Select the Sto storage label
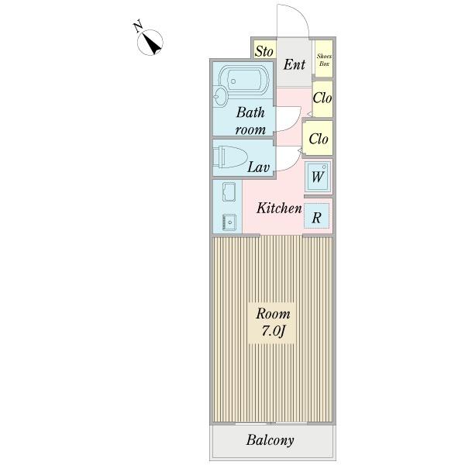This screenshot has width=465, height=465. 264,52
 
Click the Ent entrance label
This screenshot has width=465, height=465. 294,64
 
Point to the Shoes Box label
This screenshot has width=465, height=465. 324,60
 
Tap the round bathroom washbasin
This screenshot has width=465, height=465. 221,96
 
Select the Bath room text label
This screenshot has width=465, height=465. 250,121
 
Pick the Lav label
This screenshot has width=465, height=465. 258,167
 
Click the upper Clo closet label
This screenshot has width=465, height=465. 322,98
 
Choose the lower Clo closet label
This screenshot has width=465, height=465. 319,139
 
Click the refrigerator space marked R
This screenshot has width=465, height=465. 317,218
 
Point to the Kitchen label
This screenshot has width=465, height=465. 279,208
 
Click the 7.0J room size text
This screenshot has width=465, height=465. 274,332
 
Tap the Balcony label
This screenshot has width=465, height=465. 270,441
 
